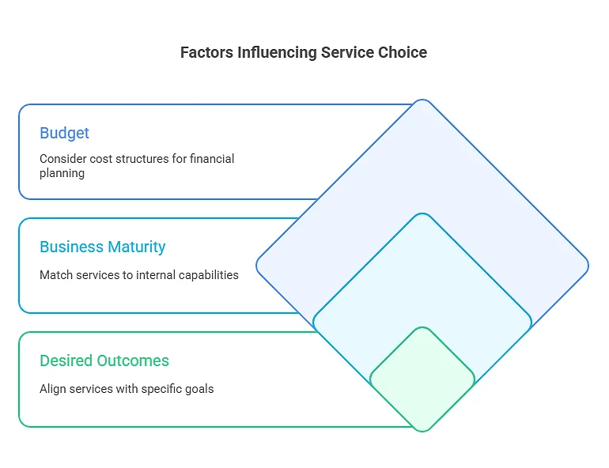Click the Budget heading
65,133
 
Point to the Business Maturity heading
103,247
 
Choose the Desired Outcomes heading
104,360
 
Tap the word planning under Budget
62,172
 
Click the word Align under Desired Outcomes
53,389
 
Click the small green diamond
422,379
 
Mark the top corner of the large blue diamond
422,100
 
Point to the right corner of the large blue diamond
588,266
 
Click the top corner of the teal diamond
422,214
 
